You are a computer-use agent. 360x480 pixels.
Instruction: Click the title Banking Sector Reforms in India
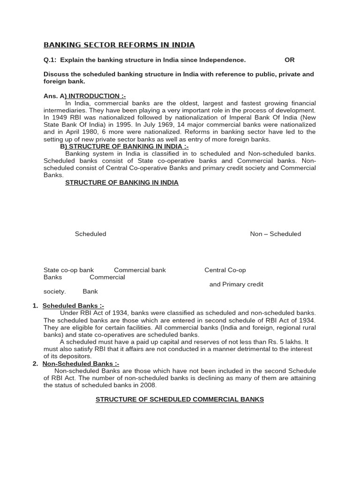click(x=119, y=45)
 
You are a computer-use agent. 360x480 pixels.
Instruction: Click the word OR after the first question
click(x=290, y=60)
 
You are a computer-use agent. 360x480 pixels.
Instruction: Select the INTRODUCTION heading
click(x=97, y=96)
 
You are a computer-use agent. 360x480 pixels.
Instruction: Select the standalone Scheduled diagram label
click(x=90, y=234)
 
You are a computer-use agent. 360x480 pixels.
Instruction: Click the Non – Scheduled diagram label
click(x=276, y=234)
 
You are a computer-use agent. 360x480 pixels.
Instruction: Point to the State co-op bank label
click(x=68, y=270)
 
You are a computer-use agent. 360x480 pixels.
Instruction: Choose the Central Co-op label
click(x=225, y=270)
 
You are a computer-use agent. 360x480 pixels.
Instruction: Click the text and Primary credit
click(x=236, y=285)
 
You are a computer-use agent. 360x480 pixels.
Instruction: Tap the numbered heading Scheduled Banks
click(x=73, y=306)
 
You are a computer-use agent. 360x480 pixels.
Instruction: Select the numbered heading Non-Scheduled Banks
click(x=81, y=364)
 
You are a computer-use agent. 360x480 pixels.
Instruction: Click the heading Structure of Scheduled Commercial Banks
click(x=180, y=399)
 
